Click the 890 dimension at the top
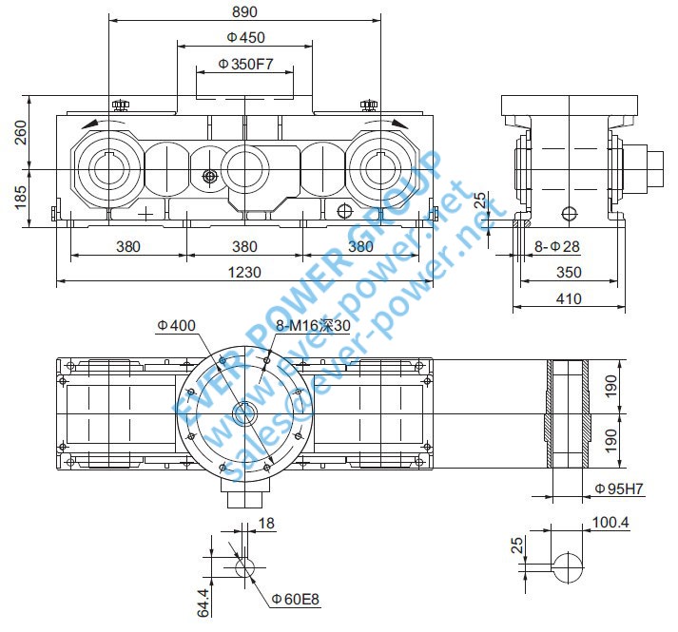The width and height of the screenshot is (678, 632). tap(244, 11)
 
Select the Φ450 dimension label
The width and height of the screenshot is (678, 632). tap(245, 38)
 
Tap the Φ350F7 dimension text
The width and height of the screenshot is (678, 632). tap(245, 65)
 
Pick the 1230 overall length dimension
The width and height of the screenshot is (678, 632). tap(244, 273)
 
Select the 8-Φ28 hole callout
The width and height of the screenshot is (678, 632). tap(556, 247)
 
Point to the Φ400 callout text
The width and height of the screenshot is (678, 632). tap(176, 325)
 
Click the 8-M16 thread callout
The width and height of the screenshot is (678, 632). tap(311, 325)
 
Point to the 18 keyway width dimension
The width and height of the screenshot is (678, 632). tap(265, 524)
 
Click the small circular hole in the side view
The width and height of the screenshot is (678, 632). tap(569, 212)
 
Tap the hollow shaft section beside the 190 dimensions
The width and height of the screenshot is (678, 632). tap(569, 413)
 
